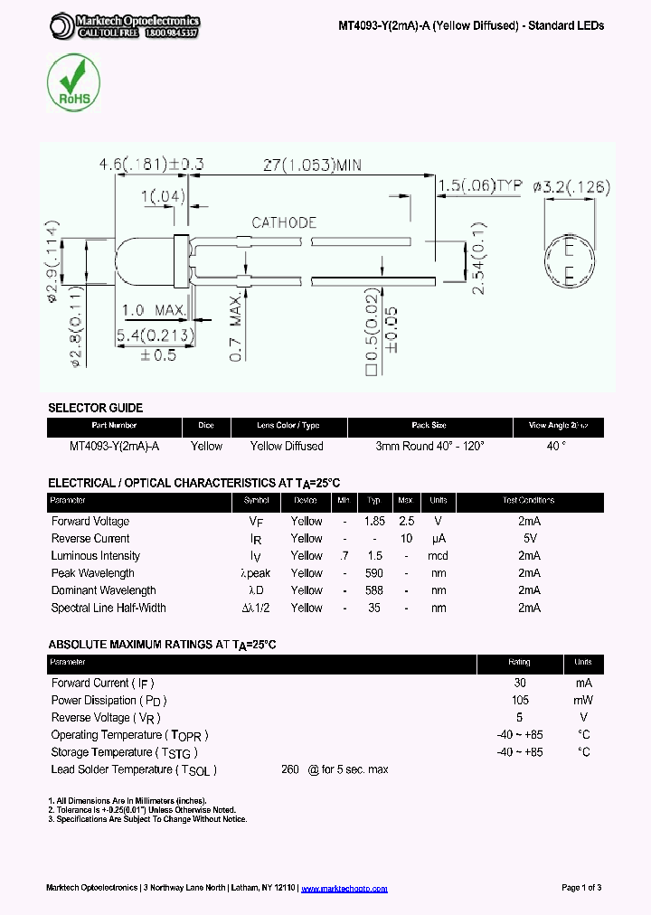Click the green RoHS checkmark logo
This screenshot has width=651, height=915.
[x=73, y=82]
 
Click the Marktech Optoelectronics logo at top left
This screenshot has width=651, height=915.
[x=124, y=25]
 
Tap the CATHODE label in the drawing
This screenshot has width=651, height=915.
[x=284, y=222]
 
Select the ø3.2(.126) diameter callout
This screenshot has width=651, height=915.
[x=571, y=187]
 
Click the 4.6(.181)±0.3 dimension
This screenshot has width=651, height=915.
[x=152, y=165]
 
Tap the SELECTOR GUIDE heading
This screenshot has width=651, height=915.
[x=95, y=408]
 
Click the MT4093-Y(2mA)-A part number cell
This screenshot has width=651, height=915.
[x=114, y=446]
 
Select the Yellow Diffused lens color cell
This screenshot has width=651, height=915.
[x=287, y=446]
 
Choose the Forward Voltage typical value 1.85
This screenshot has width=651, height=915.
[x=374, y=521]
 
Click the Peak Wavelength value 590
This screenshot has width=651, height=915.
[x=374, y=573]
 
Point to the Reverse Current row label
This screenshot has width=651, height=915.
[x=90, y=538]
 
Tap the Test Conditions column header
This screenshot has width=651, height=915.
[x=529, y=501]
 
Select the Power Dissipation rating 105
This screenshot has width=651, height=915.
[x=520, y=700]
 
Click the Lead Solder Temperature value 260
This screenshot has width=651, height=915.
[x=289, y=769]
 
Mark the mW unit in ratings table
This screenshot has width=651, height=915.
[x=583, y=700]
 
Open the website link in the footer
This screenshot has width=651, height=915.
[x=344, y=888]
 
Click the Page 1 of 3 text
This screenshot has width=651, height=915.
[x=581, y=888]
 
